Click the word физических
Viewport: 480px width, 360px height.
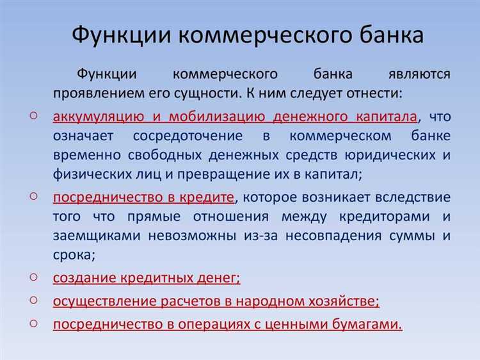pyautogui.click(x=88, y=175)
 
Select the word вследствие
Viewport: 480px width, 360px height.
pyautogui.click(x=414, y=197)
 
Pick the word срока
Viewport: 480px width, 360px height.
pyautogui.click(x=73, y=255)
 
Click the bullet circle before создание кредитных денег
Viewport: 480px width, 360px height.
pyautogui.click(x=33, y=277)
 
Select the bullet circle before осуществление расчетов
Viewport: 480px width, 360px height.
pyautogui.click(x=33, y=300)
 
